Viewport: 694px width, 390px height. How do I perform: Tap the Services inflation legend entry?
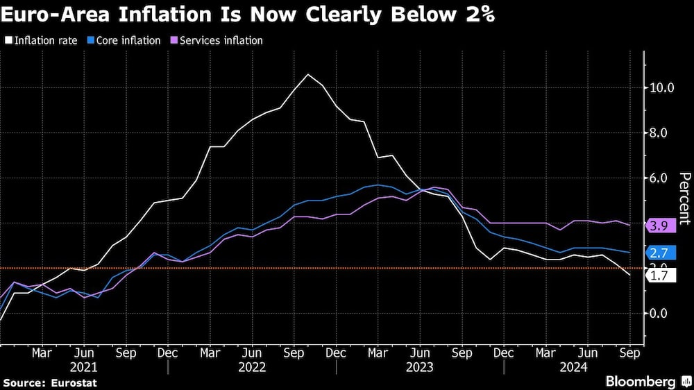(217, 40)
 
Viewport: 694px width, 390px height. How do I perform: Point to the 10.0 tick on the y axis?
(661, 87)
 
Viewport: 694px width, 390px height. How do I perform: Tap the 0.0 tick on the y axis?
(659, 313)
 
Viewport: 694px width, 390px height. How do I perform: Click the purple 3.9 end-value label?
(660, 226)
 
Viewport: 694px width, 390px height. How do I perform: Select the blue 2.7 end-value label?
(660, 253)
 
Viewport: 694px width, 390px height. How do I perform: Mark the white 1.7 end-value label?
(660, 275)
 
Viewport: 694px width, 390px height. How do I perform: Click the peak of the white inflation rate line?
(308, 74)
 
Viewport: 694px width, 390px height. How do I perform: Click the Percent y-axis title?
(684, 198)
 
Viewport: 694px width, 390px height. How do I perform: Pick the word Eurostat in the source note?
(73, 382)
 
